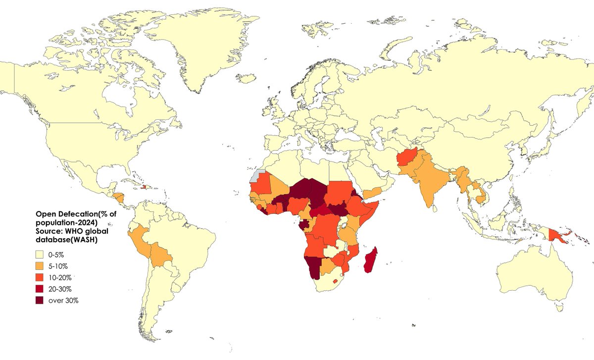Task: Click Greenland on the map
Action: pos(198,45)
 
